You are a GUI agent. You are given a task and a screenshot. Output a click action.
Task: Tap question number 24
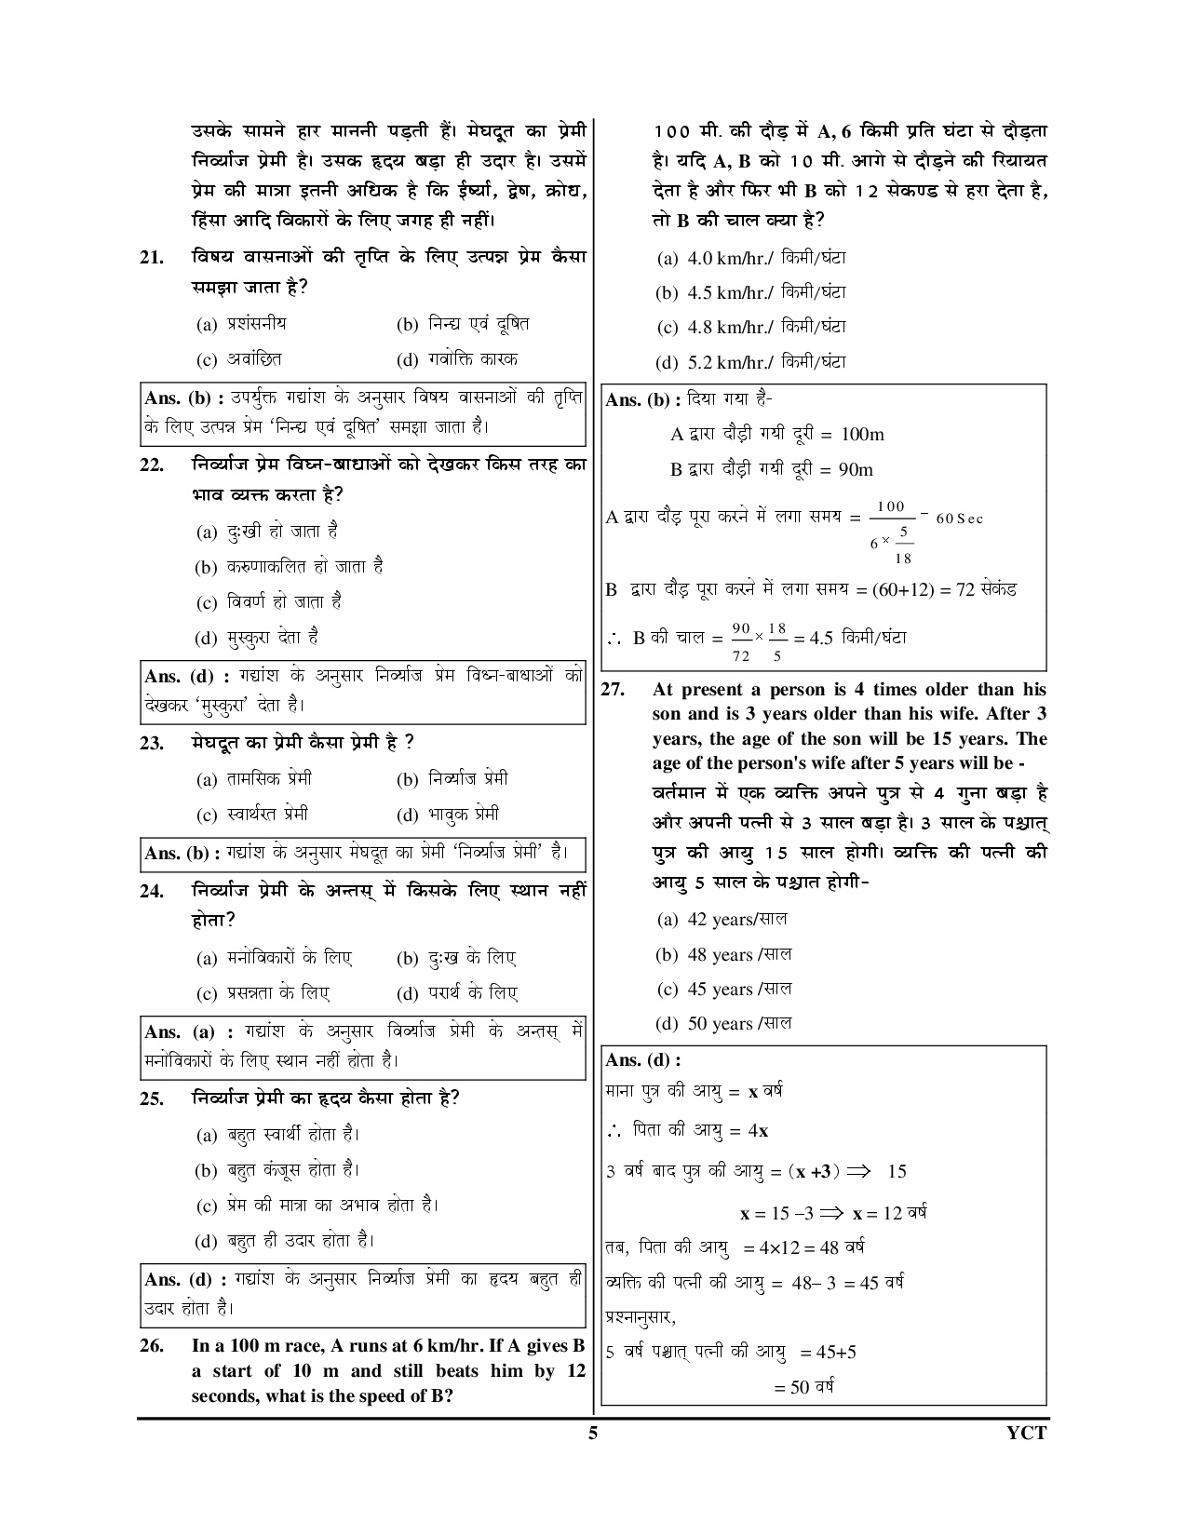pos(152,892)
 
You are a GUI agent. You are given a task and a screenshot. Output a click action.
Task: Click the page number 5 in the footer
pos(593,1433)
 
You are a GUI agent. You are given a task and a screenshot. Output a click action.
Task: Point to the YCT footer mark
pos(1028,1433)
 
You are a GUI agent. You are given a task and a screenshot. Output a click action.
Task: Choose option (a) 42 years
pos(722,920)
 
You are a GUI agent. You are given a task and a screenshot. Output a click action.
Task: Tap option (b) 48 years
pos(723,955)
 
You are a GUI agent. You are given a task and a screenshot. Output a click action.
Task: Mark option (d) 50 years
pos(723,1024)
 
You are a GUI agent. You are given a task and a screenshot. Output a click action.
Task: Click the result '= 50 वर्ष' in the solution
pos(803,1387)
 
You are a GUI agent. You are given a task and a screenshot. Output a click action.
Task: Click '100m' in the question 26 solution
pos(862,435)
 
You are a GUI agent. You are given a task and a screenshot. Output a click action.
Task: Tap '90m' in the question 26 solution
pos(856,470)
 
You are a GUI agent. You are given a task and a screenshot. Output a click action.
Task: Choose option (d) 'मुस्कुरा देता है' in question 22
pos(257,639)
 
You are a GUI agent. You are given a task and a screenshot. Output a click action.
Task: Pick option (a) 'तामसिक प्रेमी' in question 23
pos(254,779)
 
